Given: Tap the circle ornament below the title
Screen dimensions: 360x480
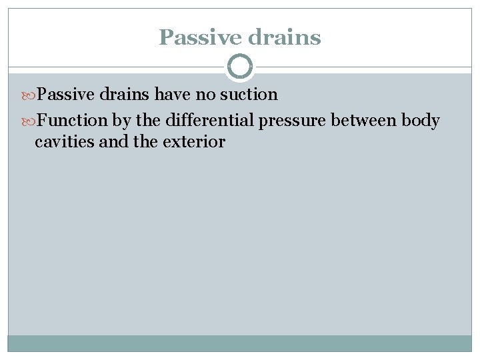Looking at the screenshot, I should click(240, 67).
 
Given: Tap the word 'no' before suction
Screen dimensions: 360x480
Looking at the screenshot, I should click(204, 95).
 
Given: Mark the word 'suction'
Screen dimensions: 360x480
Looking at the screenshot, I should click(249, 95).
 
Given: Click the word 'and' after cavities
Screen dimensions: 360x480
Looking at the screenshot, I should click(109, 141).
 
